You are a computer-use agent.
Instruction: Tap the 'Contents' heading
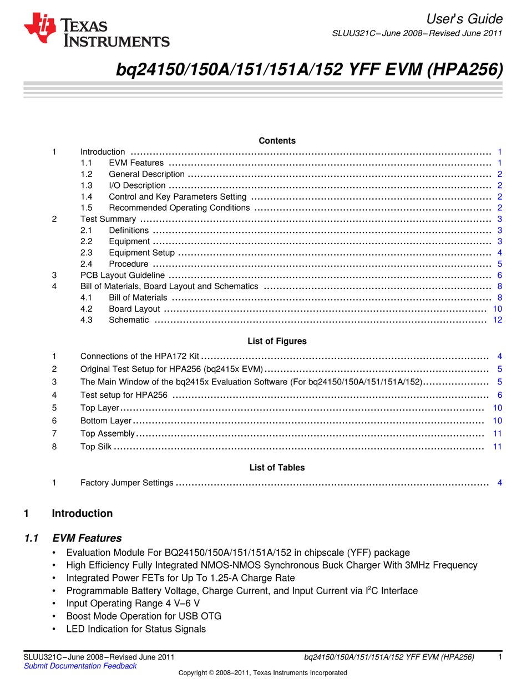(x=277, y=141)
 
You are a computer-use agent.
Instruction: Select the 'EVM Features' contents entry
(x=136, y=163)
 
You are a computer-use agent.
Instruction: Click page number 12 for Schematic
(x=497, y=320)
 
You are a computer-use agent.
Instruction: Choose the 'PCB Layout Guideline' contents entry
(x=122, y=275)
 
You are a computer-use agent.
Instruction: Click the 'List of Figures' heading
(x=277, y=341)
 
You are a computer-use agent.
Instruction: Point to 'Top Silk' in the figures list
(x=95, y=447)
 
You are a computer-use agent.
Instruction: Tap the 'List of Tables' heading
(x=277, y=468)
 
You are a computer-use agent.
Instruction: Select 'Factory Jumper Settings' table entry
(x=126, y=483)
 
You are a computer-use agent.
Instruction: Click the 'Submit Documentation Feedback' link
(x=80, y=666)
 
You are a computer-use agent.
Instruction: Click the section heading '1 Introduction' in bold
(x=82, y=514)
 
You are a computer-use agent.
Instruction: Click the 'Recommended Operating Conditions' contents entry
(x=179, y=208)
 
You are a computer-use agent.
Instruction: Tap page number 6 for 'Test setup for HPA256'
(x=499, y=395)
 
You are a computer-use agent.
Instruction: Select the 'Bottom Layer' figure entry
(x=105, y=421)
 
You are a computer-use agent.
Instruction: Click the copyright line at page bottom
(x=262, y=673)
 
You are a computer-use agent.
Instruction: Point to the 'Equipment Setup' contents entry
(x=141, y=253)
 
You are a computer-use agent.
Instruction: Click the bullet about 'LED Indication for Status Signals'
(x=136, y=629)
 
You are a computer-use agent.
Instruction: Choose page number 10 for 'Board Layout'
(x=497, y=309)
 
